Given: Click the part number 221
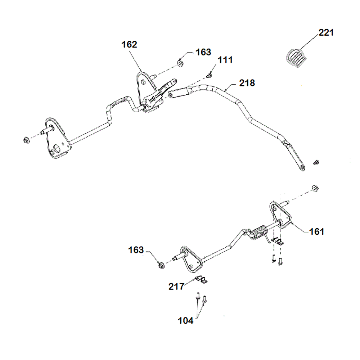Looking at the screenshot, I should coord(326,32).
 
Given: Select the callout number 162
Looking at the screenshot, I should coord(130,45).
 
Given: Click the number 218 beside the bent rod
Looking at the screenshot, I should coord(247,83).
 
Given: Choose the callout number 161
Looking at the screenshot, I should coord(317,231).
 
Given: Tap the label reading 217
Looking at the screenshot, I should coord(176,287).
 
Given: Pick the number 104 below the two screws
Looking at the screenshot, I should coord(185,320).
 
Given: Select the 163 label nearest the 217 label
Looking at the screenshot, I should coord(136,250).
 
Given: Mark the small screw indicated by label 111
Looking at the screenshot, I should coord(209,75).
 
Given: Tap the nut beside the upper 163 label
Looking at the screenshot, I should coord(179,64).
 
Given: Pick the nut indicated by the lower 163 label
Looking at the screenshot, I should coord(161,266).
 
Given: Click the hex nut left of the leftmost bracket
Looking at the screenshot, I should coord(26,140).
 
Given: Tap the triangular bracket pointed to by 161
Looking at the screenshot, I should coord(280,216).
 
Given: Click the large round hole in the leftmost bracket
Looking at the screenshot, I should coord(57,148).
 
